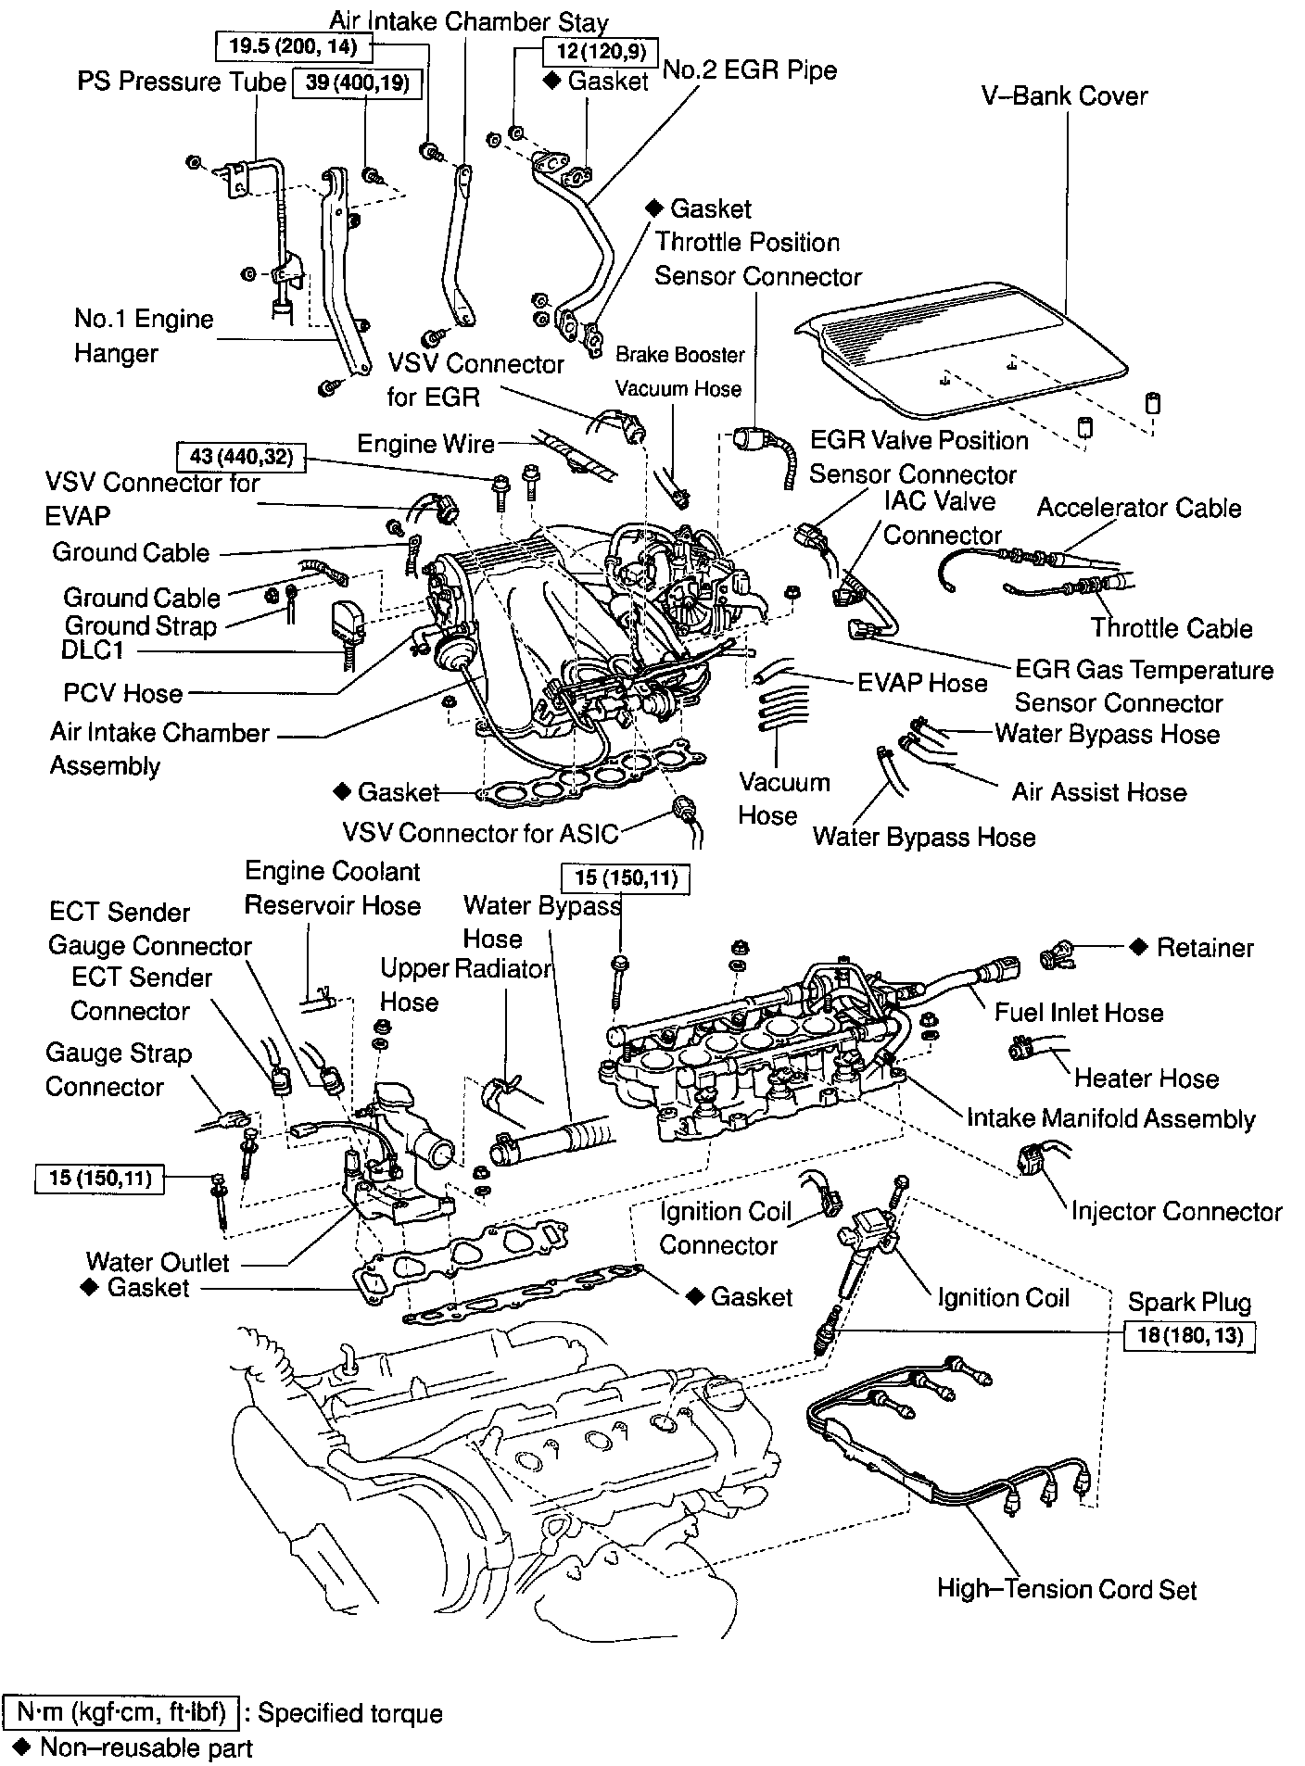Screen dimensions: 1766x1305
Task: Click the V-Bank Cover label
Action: (x=1064, y=96)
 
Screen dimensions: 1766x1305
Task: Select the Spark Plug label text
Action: (x=1188, y=1302)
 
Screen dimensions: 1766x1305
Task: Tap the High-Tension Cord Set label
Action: (x=1066, y=1590)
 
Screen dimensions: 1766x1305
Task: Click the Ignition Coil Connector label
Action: (x=725, y=1229)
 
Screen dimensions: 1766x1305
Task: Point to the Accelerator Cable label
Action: (x=1138, y=508)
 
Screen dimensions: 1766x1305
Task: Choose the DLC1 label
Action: (x=93, y=650)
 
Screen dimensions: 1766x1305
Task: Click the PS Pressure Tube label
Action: (x=182, y=82)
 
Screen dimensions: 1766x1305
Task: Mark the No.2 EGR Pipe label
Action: (x=751, y=70)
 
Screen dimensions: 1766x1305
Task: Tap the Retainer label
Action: (x=1205, y=948)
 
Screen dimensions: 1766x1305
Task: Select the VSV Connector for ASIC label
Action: (x=480, y=833)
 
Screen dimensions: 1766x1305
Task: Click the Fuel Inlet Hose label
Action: (x=1078, y=1013)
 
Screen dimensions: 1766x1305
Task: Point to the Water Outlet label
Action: (x=158, y=1262)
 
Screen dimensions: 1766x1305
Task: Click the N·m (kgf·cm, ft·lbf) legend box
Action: (x=121, y=1713)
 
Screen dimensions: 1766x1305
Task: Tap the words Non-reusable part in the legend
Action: (x=146, y=1748)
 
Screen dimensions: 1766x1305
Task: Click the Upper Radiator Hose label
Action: (x=465, y=985)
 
